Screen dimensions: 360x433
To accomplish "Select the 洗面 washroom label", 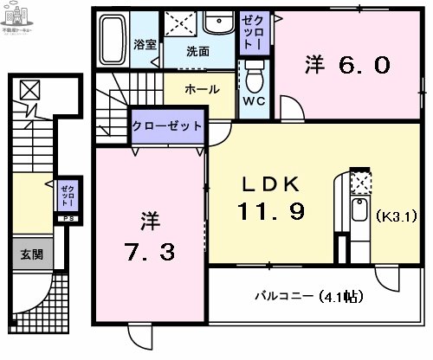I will (x=197, y=50).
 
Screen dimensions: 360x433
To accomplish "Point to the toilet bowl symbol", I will (x=254, y=80).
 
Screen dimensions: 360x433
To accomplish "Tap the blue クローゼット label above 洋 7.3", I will (x=167, y=125).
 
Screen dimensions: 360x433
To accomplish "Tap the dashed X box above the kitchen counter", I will (x=359, y=182).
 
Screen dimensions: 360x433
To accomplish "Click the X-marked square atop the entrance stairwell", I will (x=30, y=89).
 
